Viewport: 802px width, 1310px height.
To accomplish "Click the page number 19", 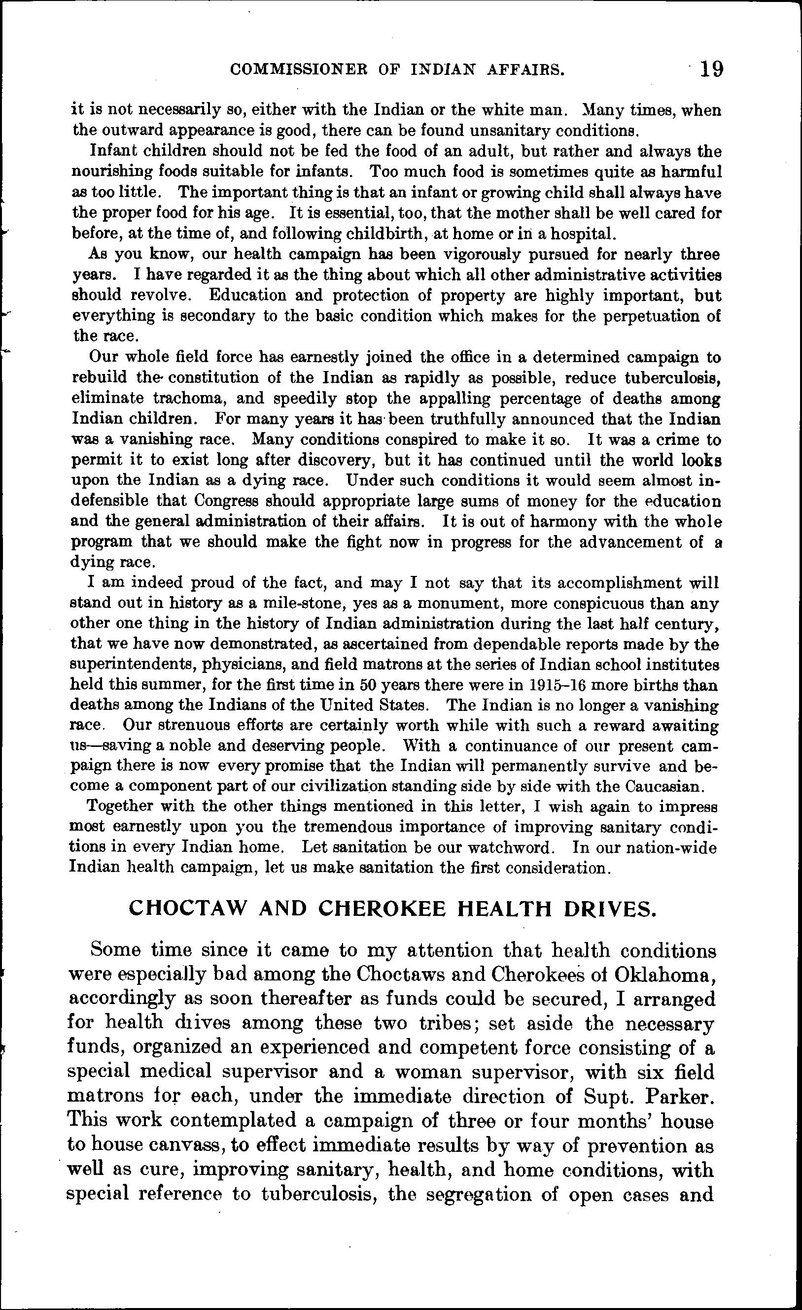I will (x=712, y=69).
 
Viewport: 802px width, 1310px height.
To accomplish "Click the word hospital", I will (x=584, y=234).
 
